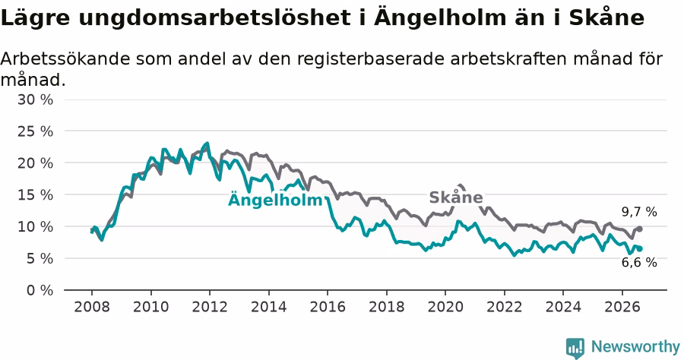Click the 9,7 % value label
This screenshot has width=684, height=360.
click(639, 212)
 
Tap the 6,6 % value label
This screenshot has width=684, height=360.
click(639, 262)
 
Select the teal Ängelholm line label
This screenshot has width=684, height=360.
click(275, 199)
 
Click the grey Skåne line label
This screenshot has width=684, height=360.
click(456, 197)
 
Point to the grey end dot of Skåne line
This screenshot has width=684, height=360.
click(639, 229)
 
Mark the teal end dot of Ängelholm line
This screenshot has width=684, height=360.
click(639, 249)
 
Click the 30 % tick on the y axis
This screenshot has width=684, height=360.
click(35, 99)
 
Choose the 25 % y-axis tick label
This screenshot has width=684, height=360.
click(35, 131)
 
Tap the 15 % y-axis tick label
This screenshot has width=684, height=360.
click(35, 195)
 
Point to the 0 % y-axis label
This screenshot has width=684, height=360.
click(40, 290)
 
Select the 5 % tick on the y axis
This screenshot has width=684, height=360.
click(40, 258)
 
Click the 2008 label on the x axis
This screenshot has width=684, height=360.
click(92, 307)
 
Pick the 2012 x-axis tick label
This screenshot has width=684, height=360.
click(210, 307)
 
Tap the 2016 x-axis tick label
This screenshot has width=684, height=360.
click(328, 307)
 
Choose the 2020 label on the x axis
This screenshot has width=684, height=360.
click(445, 307)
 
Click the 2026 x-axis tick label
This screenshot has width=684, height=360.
click(622, 307)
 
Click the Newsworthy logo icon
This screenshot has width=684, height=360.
click(575, 348)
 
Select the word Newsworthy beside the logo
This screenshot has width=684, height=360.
click(635, 347)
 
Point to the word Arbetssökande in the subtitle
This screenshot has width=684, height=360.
click(65, 58)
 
